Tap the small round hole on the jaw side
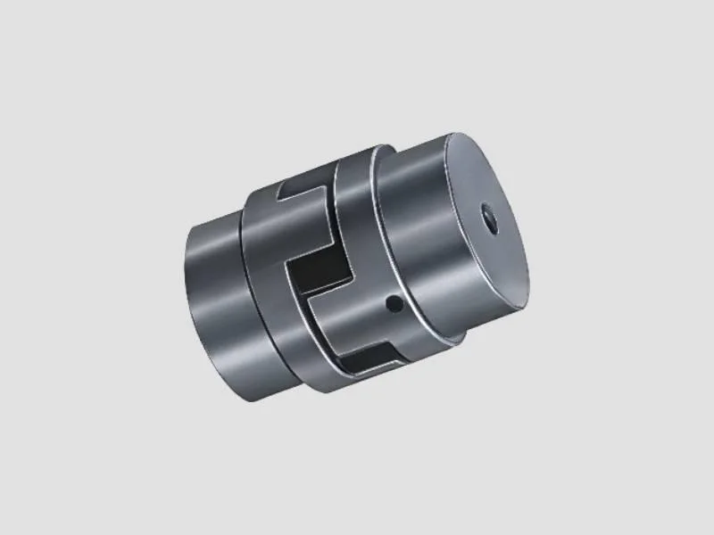coord(391,305)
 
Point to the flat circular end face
coord(482,232)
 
